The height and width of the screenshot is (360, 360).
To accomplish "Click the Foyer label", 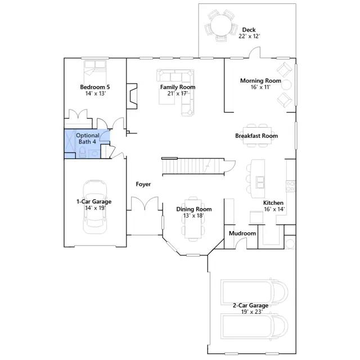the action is (143, 184).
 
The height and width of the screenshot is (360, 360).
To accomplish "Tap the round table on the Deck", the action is (221, 25).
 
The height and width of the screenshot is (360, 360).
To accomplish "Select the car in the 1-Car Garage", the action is (95, 206).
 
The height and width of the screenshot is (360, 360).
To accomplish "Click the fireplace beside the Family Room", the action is (132, 96).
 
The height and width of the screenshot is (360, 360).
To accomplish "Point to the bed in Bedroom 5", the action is (95, 69).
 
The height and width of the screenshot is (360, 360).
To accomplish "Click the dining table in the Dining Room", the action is (193, 219).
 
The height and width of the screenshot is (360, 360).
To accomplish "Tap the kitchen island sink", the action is (260, 182).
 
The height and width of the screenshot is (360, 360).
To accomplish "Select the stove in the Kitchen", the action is (290, 186).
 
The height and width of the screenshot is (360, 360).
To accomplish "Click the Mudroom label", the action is (242, 233).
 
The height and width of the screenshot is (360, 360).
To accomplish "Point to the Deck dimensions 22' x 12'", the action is (249, 36).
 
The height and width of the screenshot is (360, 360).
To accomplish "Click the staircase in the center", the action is (193, 166).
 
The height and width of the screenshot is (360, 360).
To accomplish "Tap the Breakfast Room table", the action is (257, 136).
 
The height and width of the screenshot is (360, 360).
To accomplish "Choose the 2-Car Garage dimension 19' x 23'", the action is (251, 312).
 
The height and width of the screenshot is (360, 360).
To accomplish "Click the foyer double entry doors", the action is (145, 204).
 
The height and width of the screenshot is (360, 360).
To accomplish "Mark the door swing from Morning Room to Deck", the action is (255, 52).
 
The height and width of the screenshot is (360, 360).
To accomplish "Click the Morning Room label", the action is (260, 80).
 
